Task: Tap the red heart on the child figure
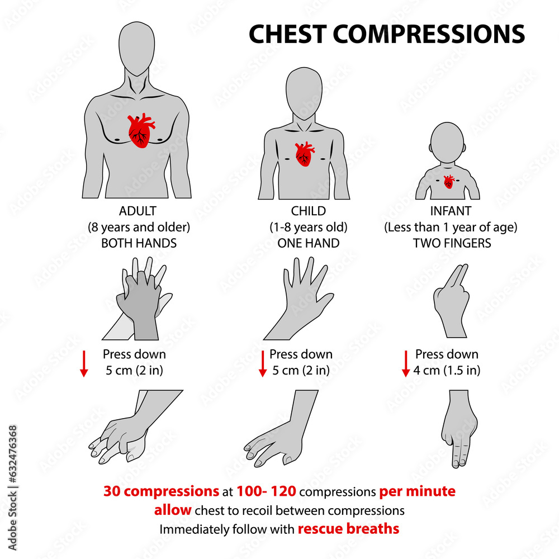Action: point(305,154)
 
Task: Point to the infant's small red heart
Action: point(448,182)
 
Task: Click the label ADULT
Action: point(138,211)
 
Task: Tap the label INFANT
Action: point(449,211)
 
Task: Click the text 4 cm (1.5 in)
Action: point(447,370)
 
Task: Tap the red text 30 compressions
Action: point(161,491)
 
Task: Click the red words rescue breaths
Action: point(348,528)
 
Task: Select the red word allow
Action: point(173,510)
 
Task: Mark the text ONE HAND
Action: point(308,243)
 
